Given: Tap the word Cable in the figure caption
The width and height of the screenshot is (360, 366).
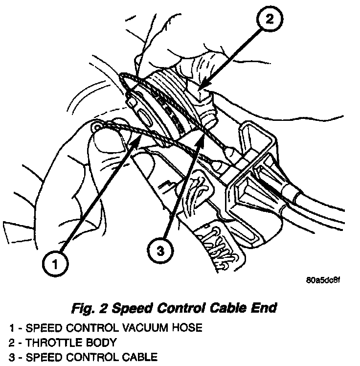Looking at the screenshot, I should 223,308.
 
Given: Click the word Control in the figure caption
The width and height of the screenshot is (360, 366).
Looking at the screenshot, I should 175,308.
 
